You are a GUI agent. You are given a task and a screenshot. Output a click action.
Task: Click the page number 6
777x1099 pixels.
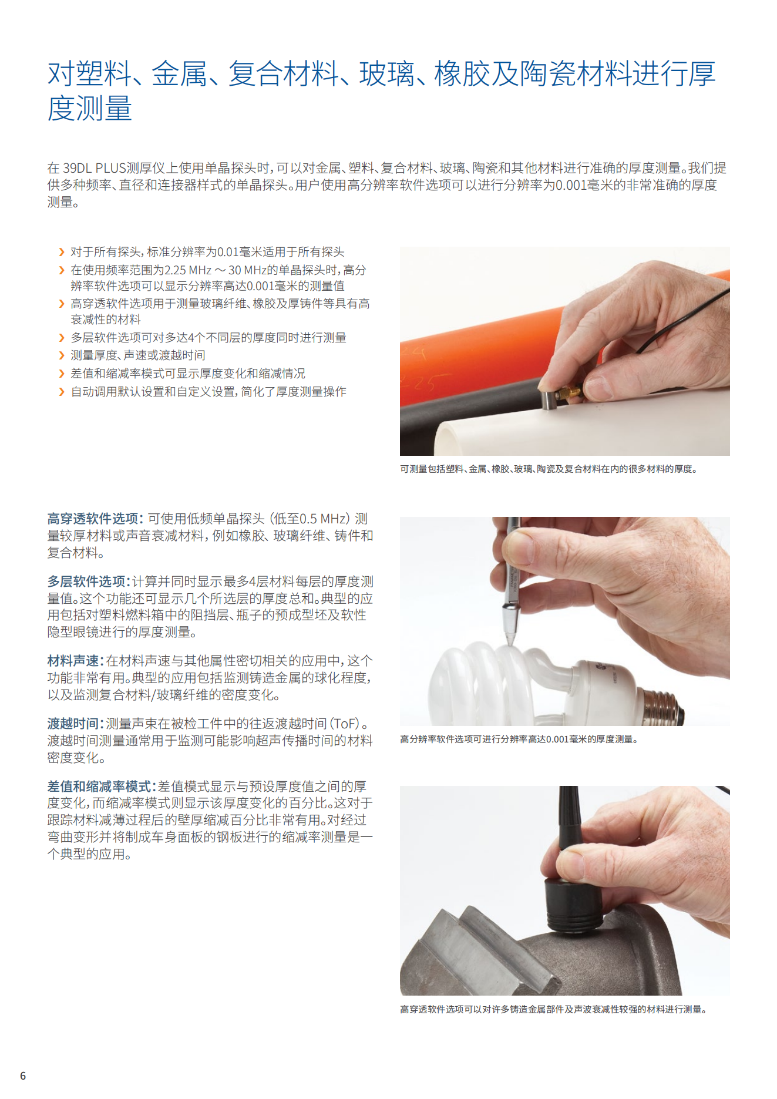(23, 1076)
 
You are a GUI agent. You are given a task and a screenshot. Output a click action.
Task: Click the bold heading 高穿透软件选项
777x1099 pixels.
(93, 519)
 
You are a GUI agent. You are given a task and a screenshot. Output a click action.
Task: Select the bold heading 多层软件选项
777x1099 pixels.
(86, 582)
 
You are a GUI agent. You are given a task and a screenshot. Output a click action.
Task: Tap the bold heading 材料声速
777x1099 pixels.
(73, 661)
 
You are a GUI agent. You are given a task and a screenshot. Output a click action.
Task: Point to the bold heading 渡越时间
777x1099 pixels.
(73, 724)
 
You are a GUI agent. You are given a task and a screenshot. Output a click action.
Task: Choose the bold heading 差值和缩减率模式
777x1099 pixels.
(100, 787)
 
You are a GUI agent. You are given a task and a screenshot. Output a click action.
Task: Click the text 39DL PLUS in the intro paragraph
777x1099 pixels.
(95, 168)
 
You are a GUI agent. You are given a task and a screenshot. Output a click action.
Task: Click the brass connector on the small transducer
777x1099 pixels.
(569, 392)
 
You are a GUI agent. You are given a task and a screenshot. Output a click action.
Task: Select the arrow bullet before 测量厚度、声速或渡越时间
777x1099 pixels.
(62, 355)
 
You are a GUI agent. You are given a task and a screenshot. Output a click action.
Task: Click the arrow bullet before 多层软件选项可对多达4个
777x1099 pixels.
(62, 338)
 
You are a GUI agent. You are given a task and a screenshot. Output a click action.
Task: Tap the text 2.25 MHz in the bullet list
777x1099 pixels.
(188, 270)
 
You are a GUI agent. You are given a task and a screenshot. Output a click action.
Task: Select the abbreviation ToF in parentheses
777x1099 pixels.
(346, 724)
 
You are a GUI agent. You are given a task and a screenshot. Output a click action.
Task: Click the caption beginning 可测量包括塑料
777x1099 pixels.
(549, 469)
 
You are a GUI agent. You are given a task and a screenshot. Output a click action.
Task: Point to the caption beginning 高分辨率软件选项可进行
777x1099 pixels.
(519, 739)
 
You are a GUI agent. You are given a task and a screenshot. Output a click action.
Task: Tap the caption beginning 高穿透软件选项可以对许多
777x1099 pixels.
(553, 1009)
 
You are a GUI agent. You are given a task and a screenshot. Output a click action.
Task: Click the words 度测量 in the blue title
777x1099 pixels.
(90, 109)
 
